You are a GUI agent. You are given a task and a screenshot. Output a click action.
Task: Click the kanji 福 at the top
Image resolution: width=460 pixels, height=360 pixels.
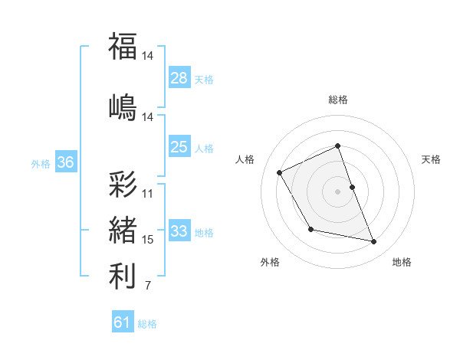coord(123,47)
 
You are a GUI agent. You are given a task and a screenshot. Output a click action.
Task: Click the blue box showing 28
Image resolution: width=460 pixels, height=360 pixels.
coord(179,77)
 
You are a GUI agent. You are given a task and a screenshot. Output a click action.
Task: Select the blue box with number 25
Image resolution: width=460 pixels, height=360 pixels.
coord(179,147)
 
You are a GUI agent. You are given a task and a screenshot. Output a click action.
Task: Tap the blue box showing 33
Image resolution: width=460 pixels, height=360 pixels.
coord(179,231)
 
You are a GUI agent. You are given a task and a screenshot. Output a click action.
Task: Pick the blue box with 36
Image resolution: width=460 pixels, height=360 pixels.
coord(65,162)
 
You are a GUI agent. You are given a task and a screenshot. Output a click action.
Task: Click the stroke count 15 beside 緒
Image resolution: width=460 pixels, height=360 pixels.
coord(148,240)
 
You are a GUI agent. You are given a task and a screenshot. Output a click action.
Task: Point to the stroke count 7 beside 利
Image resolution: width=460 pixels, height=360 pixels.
coord(147,286)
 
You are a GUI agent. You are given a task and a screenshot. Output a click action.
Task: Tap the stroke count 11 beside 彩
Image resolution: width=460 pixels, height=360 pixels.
coord(148,194)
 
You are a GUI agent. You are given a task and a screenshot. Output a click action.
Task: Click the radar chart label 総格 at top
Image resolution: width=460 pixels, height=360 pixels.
coord(338,100)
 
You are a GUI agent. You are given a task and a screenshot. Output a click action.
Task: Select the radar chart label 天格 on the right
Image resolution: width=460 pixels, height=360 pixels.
coord(432,159)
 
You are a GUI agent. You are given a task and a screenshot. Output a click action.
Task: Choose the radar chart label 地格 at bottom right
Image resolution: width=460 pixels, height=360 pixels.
coord(402,262)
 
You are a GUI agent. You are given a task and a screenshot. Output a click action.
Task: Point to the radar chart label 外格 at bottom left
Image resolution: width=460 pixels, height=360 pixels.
coord(270,262)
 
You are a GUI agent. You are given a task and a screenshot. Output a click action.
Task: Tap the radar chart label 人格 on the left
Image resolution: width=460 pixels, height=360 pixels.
coord(245,159)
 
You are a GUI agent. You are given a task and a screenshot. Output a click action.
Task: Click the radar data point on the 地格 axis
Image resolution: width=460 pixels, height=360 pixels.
coord(374,242)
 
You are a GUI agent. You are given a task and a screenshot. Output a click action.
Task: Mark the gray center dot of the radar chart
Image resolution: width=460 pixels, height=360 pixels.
coord(338,191)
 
